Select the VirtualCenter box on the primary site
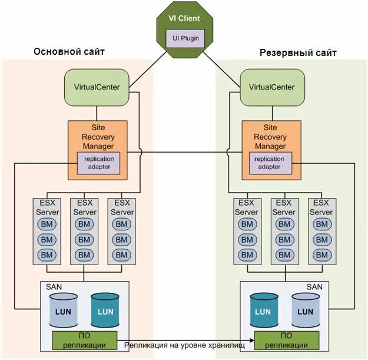97,87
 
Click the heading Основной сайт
69,52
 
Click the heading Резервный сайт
298,53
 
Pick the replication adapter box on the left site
98,163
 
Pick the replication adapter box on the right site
270,163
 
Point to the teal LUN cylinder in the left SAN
105,310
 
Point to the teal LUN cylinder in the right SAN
263,310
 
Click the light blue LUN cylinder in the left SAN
63,310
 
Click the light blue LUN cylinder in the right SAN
306,310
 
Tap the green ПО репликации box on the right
286,340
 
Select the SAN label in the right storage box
315,286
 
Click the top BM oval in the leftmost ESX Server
47,224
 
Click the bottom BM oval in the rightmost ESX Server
321,255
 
